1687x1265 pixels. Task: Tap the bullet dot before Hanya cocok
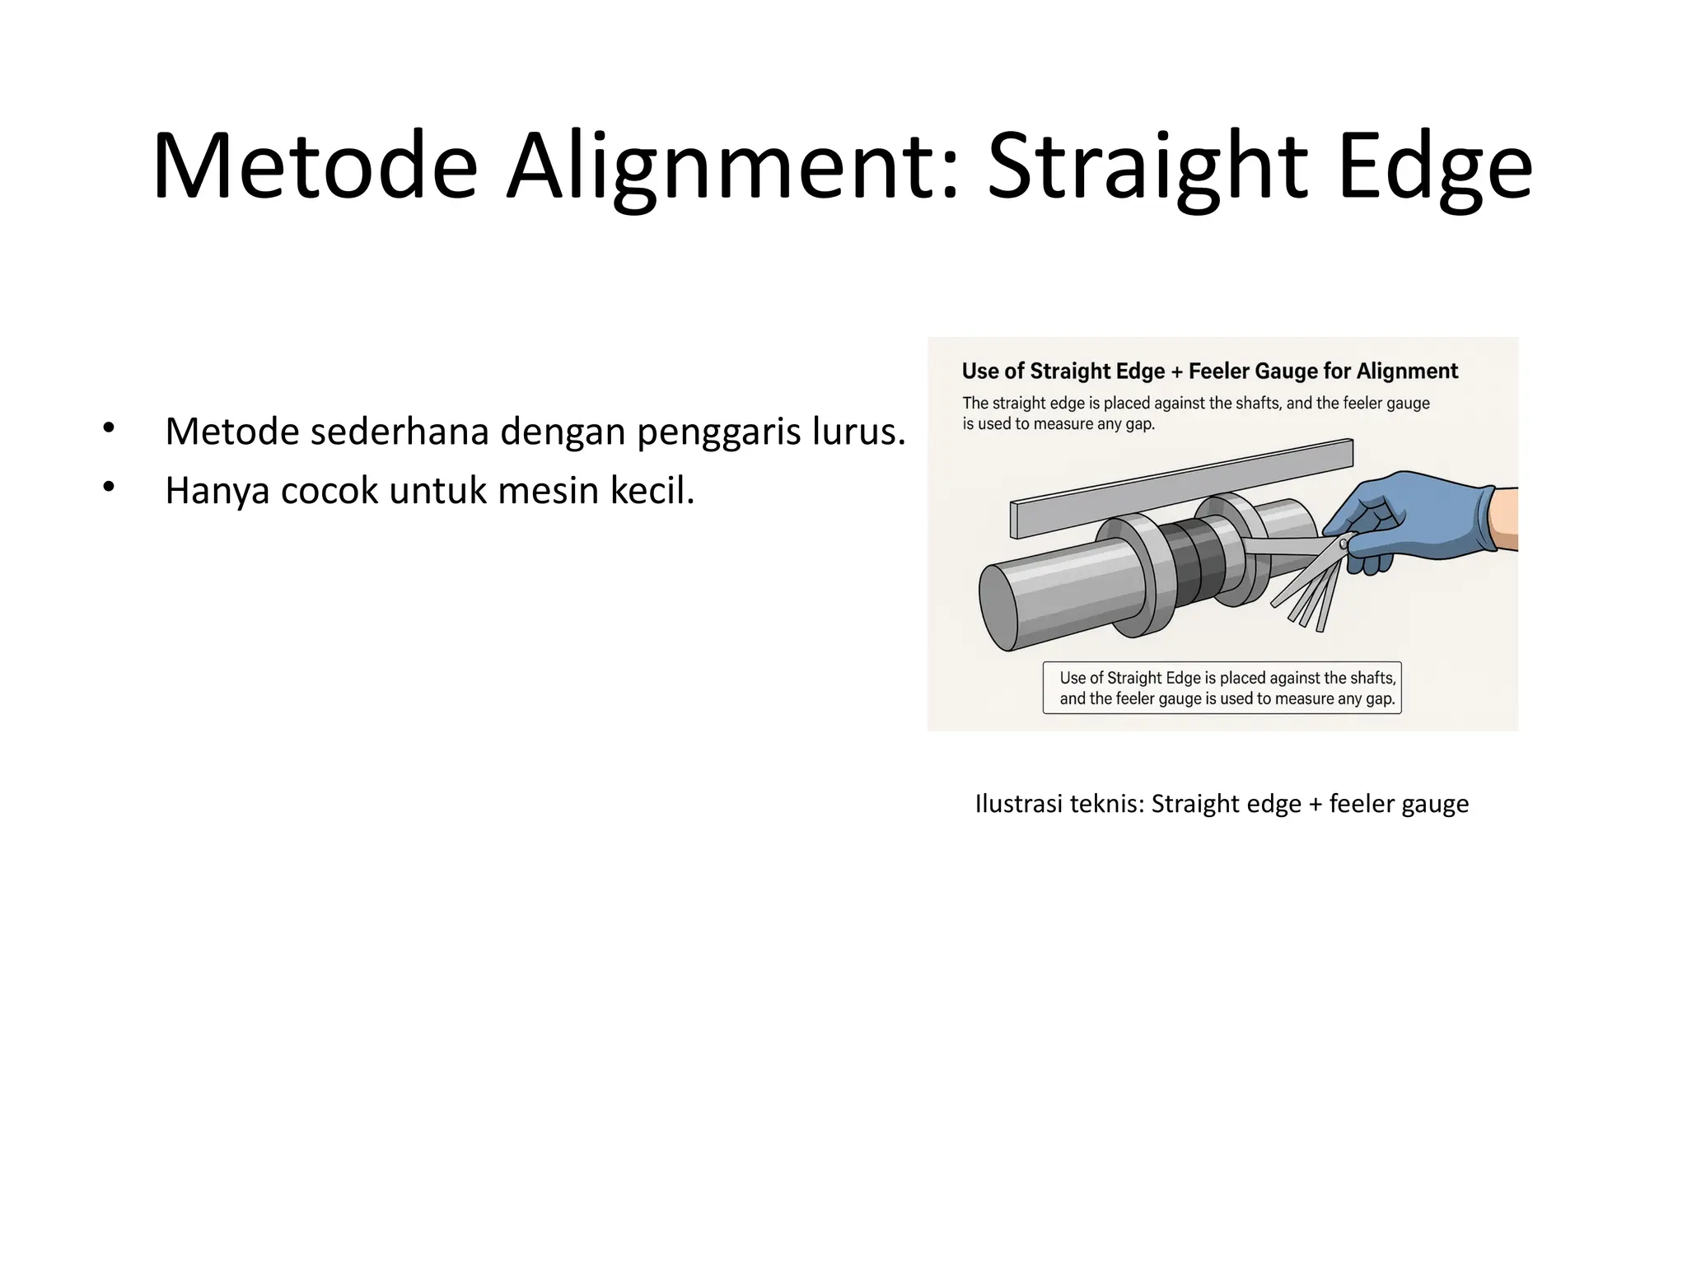[x=108, y=488]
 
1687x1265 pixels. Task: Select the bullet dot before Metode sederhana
[x=108, y=427]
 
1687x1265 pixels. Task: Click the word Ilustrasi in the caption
[x=1018, y=804]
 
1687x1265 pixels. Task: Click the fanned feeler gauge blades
[x=1310, y=589]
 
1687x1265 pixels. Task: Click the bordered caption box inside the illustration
[x=1222, y=688]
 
